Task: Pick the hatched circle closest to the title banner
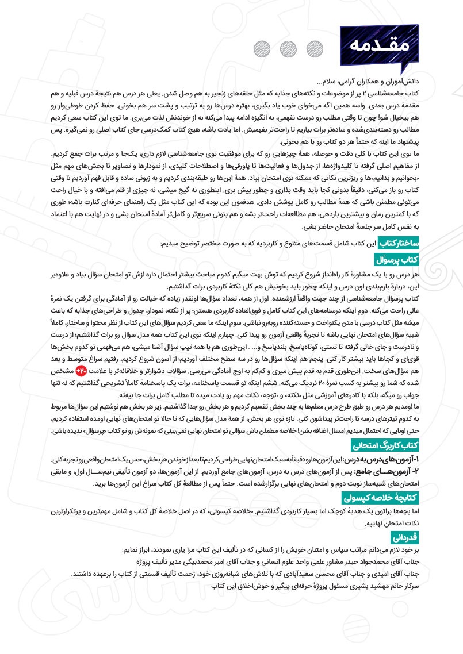(314, 47)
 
